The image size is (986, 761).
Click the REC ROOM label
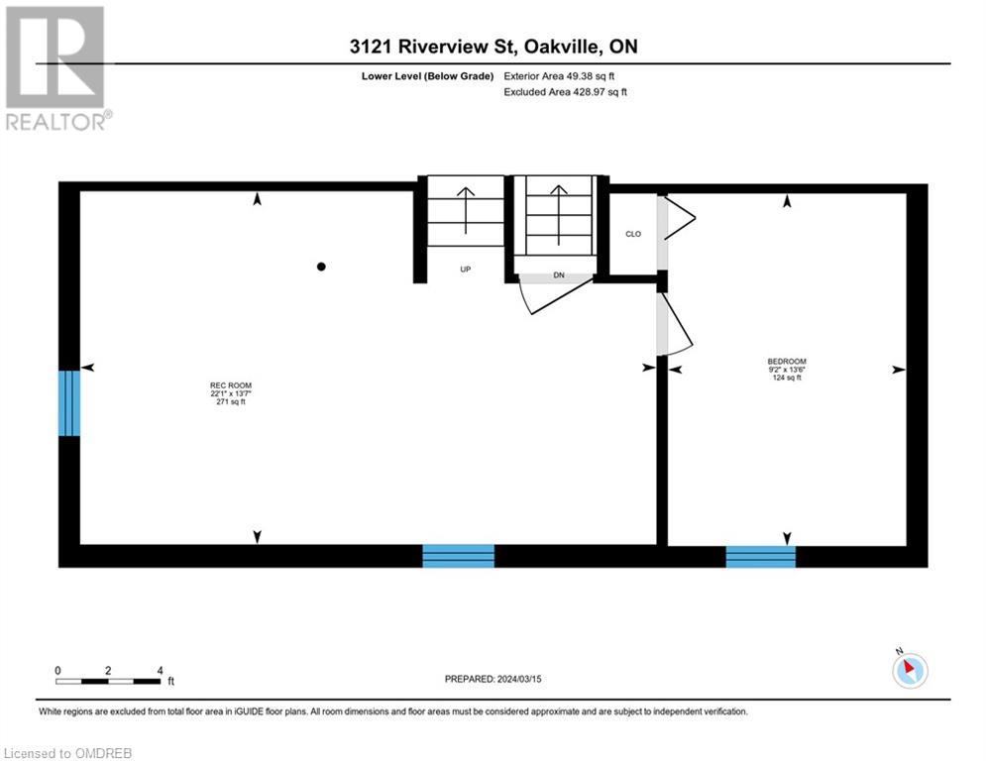(231, 385)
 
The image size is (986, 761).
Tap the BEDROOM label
(787, 362)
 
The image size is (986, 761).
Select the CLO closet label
(633, 234)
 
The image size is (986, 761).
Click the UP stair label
(466, 270)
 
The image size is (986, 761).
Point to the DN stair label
(559, 274)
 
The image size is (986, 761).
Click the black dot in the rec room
(321, 267)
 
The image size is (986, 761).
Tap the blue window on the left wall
(69, 403)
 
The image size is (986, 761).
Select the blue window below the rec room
(459, 556)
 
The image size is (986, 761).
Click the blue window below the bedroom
(761, 557)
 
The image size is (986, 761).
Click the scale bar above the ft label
(108, 682)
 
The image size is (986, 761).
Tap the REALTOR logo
(56, 68)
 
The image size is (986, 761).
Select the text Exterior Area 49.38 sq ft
(559, 76)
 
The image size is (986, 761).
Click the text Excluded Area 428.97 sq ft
(565, 92)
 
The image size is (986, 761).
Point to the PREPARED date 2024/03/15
(493, 679)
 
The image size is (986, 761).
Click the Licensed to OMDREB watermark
(68, 753)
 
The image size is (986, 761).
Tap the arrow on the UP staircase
(466, 210)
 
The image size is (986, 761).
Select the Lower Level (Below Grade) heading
(428, 76)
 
